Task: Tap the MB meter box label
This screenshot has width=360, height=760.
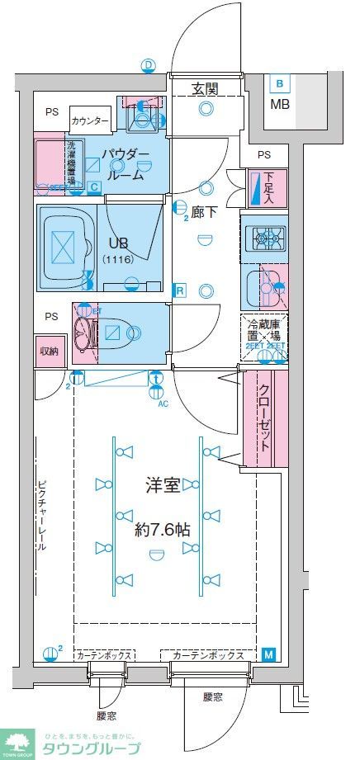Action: pyautogui.click(x=281, y=104)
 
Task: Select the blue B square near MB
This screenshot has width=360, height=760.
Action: pyautogui.click(x=280, y=83)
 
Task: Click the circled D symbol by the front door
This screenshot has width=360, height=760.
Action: pyautogui.click(x=148, y=65)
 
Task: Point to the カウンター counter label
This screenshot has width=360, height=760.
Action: pyautogui.click(x=90, y=121)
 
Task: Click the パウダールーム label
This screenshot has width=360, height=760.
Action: pyautogui.click(x=126, y=164)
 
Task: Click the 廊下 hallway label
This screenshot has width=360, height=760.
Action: pyautogui.click(x=205, y=211)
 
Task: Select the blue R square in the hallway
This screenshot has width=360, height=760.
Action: pyautogui.click(x=178, y=290)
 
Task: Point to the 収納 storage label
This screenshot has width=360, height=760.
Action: pyautogui.click(x=49, y=351)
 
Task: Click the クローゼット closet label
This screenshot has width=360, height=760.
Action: pyautogui.click(x=266, y=417)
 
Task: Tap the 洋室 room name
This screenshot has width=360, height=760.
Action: pyautogui.click(x=162, y=485)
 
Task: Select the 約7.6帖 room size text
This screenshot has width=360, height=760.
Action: pyautogui.click(x=162, y=529)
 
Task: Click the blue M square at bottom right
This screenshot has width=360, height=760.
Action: pyautogui.click(x=269, y=654)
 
